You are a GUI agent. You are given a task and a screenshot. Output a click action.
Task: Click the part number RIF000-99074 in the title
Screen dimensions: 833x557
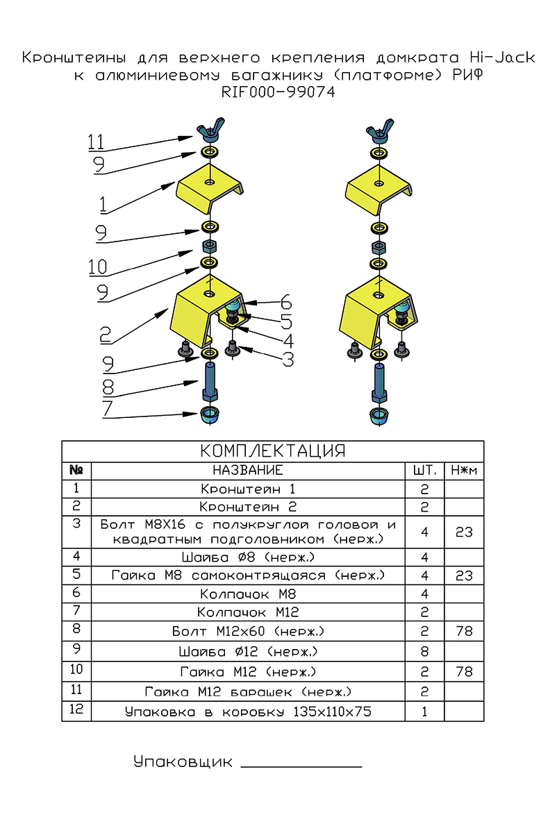(278, 92)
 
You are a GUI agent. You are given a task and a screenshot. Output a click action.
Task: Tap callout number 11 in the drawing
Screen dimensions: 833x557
(96, 142)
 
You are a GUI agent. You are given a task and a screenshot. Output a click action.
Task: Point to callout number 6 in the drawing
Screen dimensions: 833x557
(285, 303)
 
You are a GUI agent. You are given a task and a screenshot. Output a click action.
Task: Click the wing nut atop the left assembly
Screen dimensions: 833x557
(208, 131)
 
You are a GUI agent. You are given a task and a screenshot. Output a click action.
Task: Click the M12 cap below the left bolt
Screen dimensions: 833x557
(208, 416)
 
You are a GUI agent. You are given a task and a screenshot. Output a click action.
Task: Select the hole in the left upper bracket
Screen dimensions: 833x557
(209, 182)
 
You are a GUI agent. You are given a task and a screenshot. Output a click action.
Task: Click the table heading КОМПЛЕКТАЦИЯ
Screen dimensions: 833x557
(272, 451)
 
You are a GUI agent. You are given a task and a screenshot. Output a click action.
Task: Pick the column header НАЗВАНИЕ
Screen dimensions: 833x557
(248, 471)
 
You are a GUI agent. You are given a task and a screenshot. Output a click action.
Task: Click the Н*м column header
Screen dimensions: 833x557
(463, 471)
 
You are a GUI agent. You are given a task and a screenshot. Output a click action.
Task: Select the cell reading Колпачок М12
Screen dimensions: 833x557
(248, 612)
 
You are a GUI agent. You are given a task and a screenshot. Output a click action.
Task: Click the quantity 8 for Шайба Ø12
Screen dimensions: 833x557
(424, 651)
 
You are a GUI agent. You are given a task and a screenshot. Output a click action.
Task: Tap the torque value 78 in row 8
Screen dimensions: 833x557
(463, 631)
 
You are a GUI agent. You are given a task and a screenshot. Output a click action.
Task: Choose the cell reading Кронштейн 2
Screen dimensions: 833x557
(248, 507)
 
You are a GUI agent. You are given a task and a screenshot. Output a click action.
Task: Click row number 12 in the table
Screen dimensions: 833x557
(76, 709)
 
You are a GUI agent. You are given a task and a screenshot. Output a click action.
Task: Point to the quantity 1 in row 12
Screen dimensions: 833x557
(424, 712)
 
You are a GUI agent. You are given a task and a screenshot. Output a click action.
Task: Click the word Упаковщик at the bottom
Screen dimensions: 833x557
(183, 762)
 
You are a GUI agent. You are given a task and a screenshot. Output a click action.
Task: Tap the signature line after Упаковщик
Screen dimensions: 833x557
(301, 766)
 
